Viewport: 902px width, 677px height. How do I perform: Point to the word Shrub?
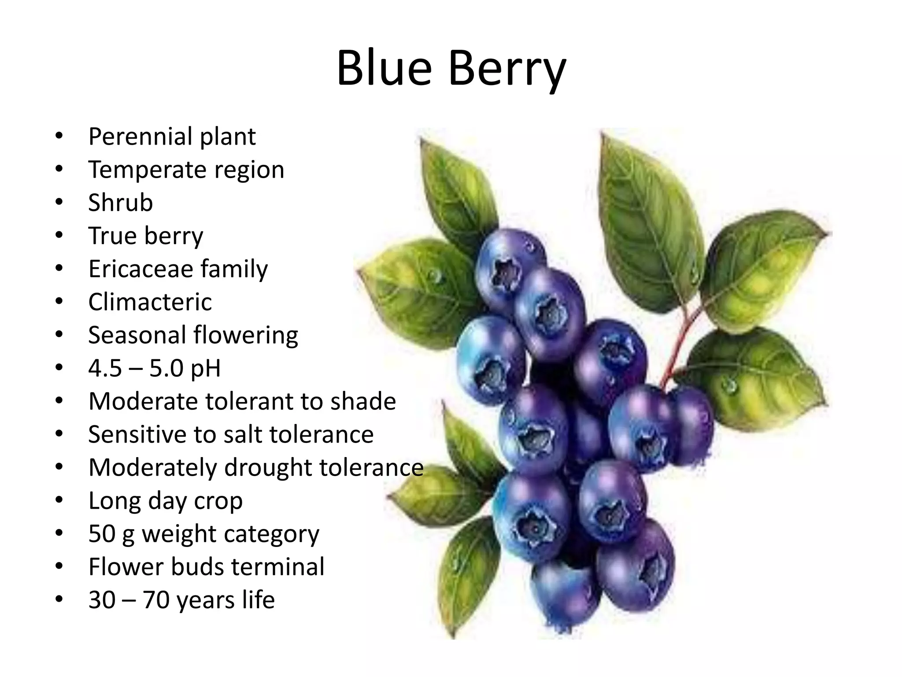coord(120,203)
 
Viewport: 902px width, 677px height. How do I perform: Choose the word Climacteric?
coord(150,302)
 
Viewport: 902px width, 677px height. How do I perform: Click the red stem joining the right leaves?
coord(678,348)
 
